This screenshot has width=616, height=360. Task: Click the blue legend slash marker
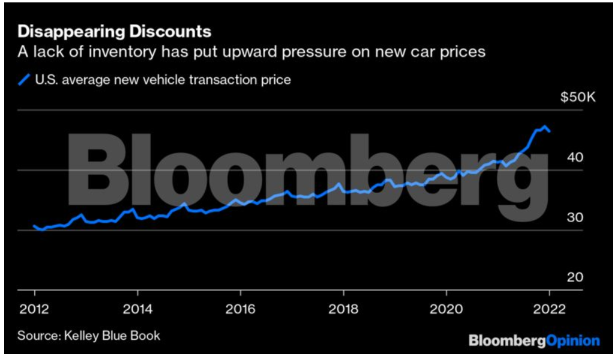pos(25,79)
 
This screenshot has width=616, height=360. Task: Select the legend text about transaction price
pos(163,79)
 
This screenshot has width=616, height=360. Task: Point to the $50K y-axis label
pos(578,98)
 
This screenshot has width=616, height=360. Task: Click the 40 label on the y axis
pos(574,158)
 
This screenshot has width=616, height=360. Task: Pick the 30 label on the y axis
pos(574,218)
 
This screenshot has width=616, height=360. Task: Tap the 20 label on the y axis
pos(574,277)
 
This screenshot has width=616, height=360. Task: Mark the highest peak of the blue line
pos(544,126)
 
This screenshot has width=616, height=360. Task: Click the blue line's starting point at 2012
pos(35,226)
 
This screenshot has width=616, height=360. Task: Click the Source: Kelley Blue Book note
pos(89,335)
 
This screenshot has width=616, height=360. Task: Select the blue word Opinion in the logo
pos(573,341)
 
